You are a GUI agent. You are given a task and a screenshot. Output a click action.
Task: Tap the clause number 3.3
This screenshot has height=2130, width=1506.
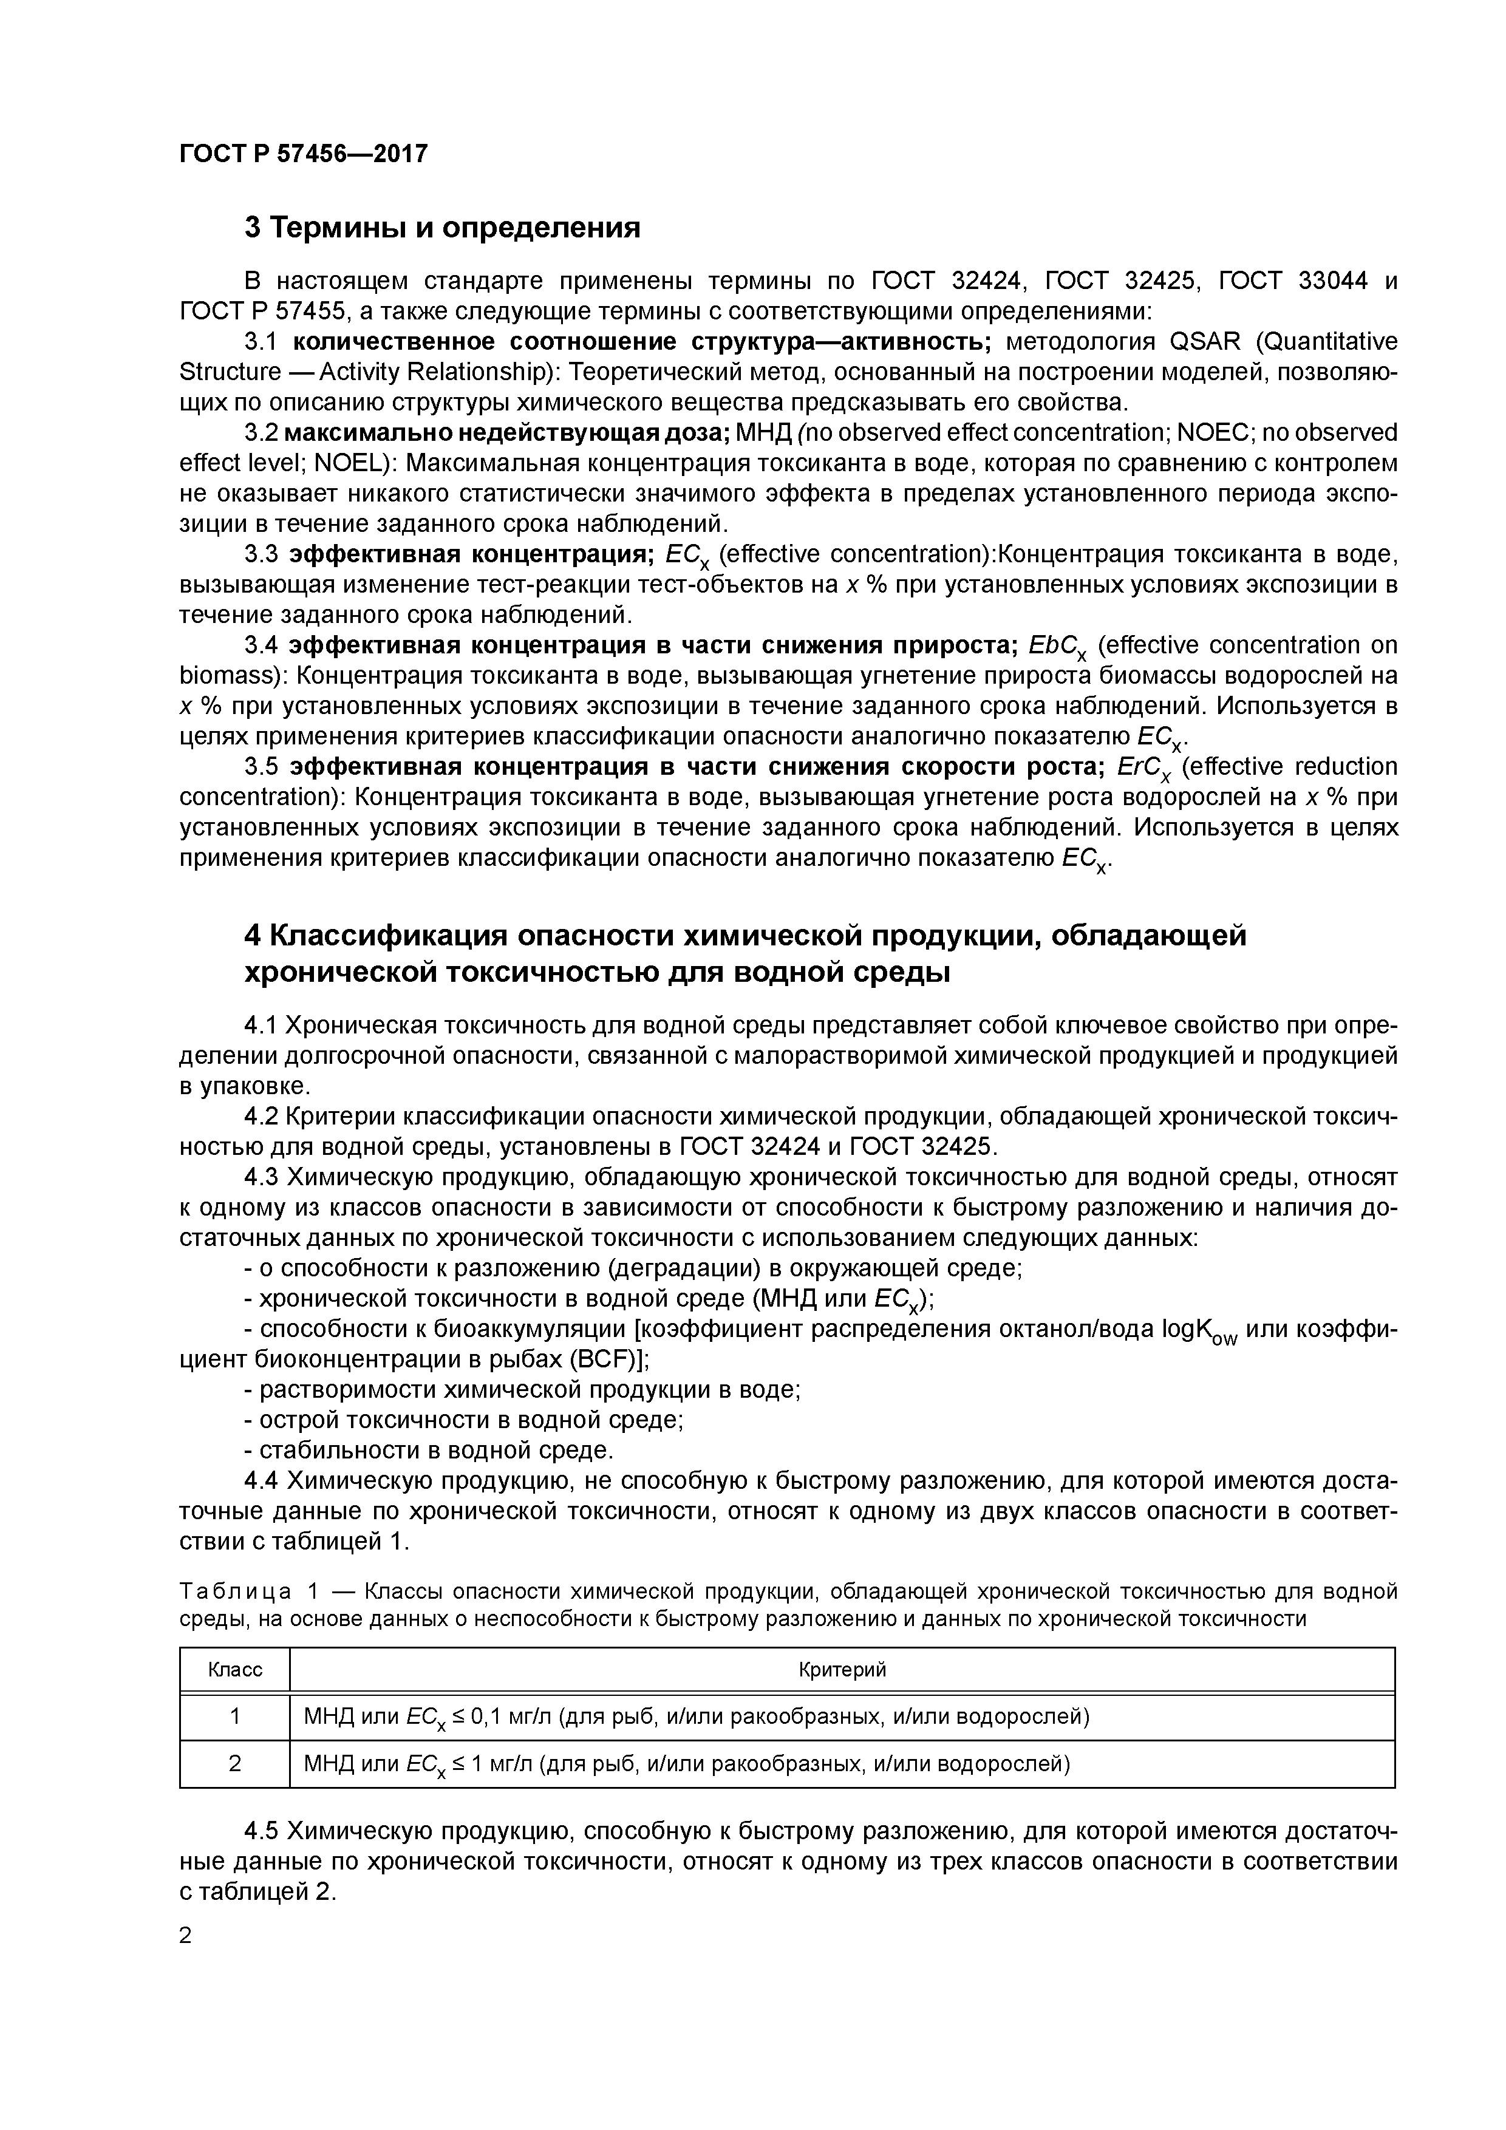click(262, 554)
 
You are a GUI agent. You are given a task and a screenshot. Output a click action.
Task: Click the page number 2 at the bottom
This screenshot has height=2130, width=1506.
click(186, 1935)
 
